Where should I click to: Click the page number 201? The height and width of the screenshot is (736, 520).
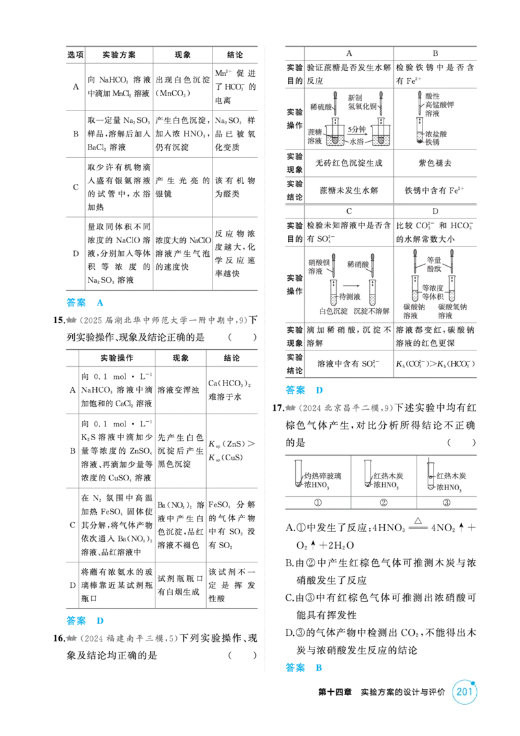pos(464,691)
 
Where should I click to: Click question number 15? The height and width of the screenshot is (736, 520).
pos(58,320)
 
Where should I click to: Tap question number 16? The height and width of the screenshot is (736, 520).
pos(58,638)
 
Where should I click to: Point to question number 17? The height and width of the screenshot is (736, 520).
pos(278,408)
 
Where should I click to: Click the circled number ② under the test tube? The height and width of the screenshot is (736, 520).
pos(383,502)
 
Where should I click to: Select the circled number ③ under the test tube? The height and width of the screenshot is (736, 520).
pos(447,502)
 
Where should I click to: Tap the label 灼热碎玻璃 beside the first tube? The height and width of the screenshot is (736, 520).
pos(323,476)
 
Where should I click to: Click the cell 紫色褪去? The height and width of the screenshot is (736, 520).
pos(435,163)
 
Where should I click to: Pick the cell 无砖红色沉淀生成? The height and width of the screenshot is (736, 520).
pos(348,163)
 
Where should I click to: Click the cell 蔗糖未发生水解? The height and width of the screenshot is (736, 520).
pos(348,190)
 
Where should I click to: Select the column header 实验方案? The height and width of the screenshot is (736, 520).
pos(119,55)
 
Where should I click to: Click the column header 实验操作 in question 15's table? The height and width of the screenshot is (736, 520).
pos(117,358)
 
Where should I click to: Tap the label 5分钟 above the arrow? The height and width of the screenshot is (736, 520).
pos(357,129)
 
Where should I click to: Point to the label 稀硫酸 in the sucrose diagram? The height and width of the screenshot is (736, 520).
pos(321,107)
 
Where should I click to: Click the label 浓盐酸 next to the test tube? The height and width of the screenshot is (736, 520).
pos(436,134)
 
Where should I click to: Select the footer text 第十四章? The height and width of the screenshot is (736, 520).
pos(335,692)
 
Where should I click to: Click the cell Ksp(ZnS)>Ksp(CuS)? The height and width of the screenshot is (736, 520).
pos(232,451)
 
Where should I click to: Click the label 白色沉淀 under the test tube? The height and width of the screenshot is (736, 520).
pos(333,311)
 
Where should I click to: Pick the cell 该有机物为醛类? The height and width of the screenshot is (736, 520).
pos(235,187)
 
